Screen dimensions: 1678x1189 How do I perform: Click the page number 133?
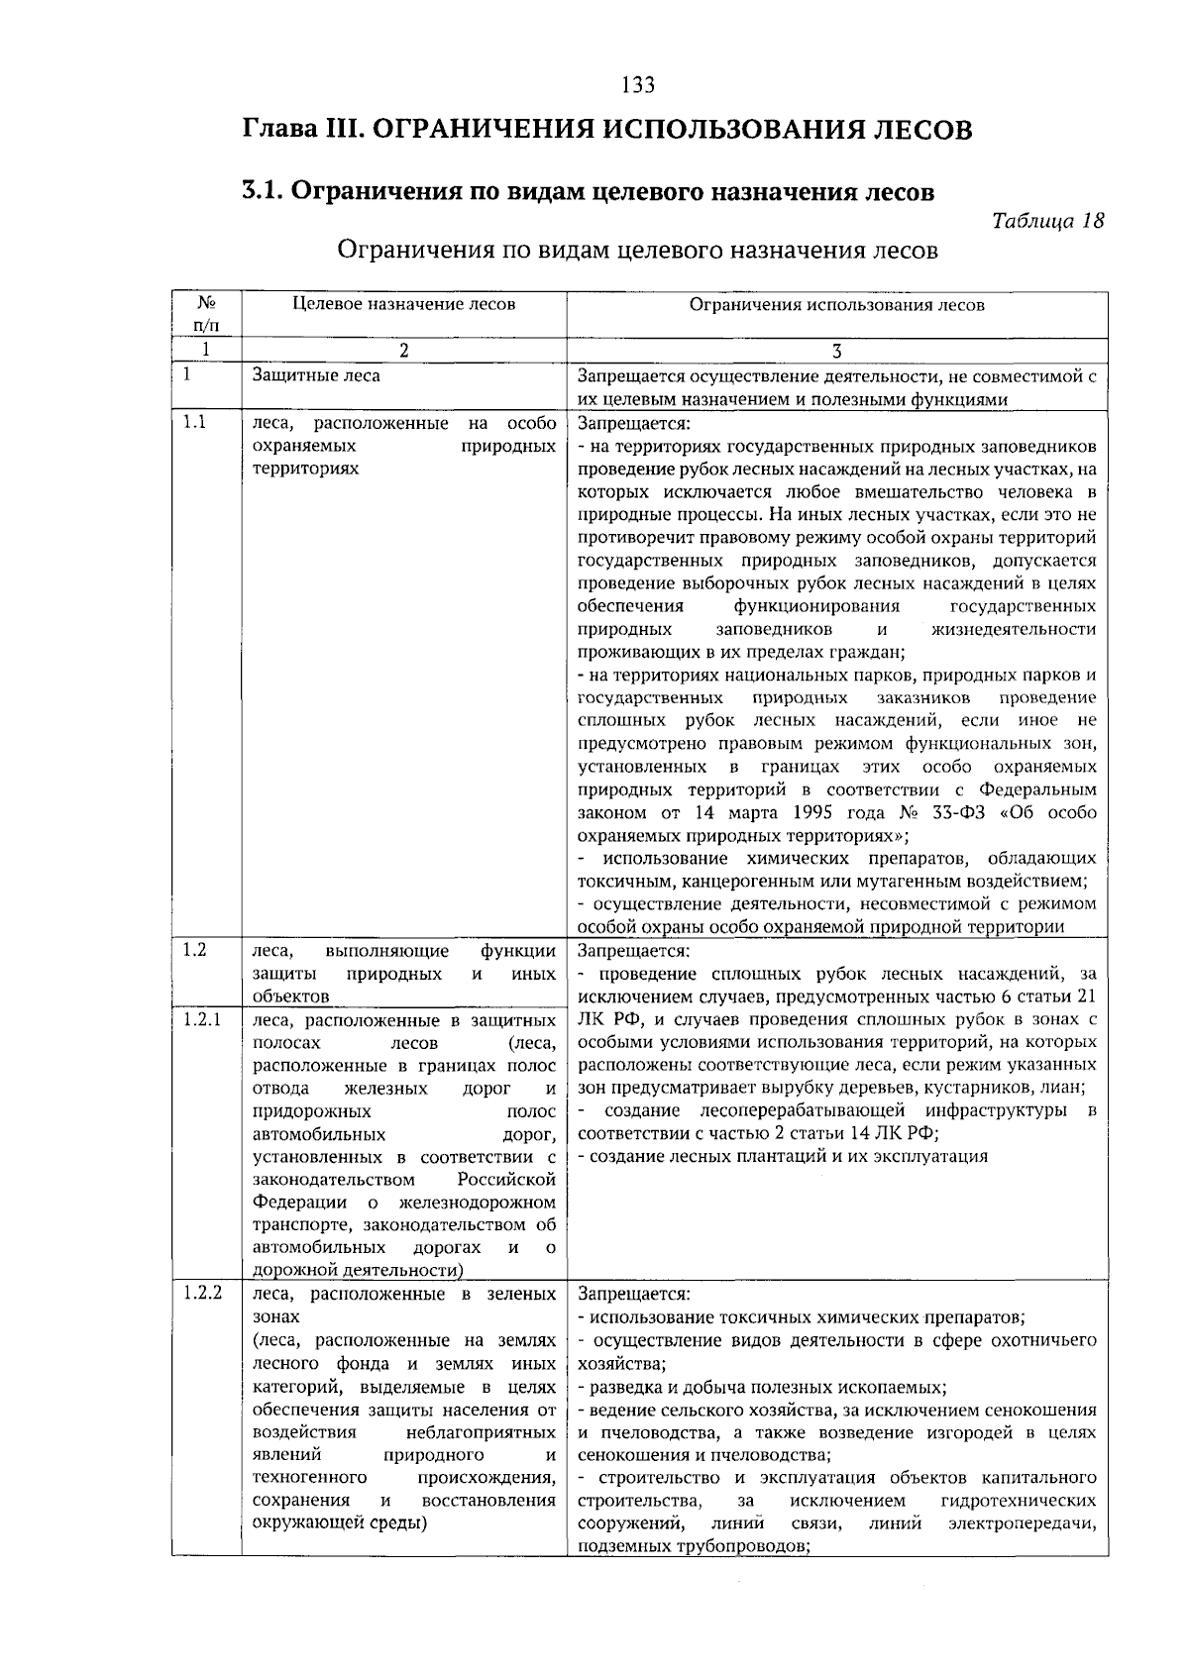pos(638,85)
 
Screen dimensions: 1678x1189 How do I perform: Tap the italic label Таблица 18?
pos(1047,221)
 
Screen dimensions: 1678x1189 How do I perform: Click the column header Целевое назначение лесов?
pos(403,304)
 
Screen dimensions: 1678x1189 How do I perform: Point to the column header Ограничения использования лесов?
pos(836,305)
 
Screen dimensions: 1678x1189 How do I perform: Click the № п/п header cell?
pos(206,313)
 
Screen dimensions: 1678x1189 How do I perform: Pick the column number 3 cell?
pos(836,350)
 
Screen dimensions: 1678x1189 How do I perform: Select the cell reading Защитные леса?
pos(316,375)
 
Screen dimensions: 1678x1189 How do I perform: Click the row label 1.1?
pos(195,423)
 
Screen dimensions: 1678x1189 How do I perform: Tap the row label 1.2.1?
pos(201,1019)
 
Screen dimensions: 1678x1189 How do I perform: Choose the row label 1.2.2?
pos(202,1294)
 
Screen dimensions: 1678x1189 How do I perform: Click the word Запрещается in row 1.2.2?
pos(632,1295)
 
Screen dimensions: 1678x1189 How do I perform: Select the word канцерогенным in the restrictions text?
pos(711,881)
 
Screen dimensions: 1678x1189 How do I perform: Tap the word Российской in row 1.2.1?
pos(505,1180)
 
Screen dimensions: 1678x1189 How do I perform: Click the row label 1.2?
pos(195,950)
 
